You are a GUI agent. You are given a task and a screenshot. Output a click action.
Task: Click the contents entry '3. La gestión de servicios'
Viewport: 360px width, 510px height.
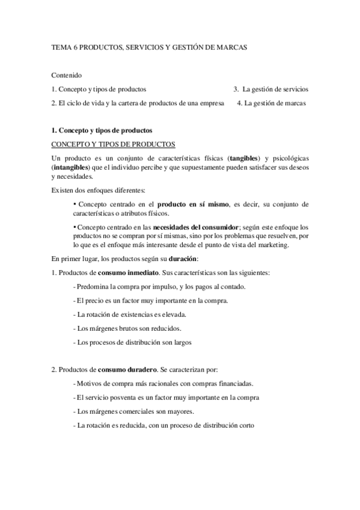pyautogui.click(x=271, y=89)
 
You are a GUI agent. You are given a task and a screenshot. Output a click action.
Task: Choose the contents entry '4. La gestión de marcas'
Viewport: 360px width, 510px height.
pyautogui.click(x=271, y=103)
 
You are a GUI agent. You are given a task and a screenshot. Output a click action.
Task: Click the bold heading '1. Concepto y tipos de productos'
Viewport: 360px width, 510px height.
pyautogui.click(x=102, y=130)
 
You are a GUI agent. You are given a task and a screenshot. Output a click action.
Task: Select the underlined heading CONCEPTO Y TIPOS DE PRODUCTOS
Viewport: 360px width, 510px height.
pyautogui.click(x=113, y=144)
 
